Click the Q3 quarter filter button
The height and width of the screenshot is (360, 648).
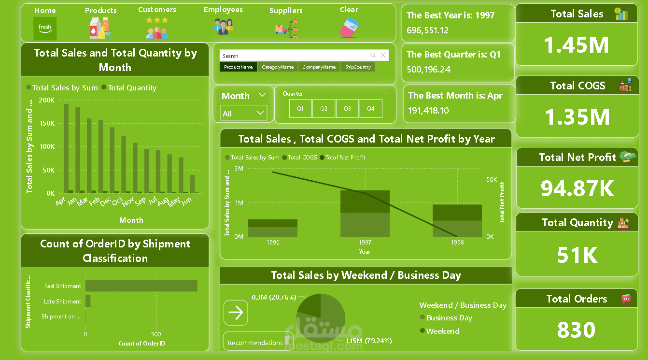(347, 109)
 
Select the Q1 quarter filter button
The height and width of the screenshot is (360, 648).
(300, 109)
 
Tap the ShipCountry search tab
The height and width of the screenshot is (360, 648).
(358, 67)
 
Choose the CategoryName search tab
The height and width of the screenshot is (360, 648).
(278, 67)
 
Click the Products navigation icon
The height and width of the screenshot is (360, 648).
(100, 28)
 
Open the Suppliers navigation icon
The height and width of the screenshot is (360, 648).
(286, 29)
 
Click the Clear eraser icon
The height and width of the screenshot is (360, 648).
(348, 28)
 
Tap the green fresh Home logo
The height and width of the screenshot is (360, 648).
(45, 29)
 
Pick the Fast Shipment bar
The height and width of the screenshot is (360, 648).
(141, 286)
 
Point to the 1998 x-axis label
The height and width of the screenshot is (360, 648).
(457, 243)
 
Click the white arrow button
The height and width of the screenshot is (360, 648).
(236, 313)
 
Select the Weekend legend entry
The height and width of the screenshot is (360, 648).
(442, 331)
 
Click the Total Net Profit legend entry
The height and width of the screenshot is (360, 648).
(345, 158)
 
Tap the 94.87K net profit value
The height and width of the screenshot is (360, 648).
(577, 188)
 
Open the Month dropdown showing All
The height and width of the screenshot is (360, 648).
(244, 114)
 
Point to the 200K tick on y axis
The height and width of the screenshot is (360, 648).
(47, 100)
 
